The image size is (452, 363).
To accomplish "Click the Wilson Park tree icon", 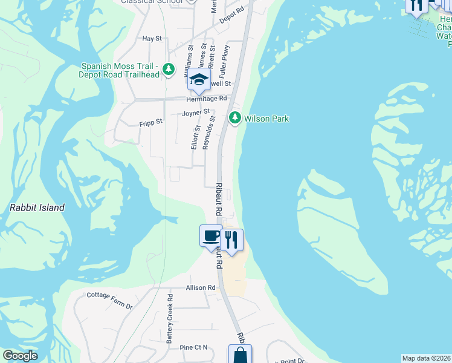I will point(235,118).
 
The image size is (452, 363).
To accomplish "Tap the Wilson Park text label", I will point(266,119).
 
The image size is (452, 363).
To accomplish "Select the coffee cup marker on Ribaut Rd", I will point(211,235).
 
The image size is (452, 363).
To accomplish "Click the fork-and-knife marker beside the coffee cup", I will point(231,240).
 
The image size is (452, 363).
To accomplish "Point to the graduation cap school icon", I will point(199,79).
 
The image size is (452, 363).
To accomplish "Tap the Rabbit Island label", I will point(37,208).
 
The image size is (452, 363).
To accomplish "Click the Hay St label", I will point(152,39).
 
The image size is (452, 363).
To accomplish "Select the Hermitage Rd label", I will point(206,98).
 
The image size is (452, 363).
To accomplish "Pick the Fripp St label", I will point(150,122).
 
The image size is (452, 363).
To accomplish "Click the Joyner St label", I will point(196,113).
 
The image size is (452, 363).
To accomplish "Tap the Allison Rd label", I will point(201,288).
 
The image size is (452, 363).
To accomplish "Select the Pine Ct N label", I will point(193,347).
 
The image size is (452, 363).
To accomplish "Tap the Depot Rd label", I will point(231,15).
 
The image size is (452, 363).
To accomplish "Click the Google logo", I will point(21,356).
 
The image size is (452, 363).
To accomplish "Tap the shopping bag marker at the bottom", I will point(240,355).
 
